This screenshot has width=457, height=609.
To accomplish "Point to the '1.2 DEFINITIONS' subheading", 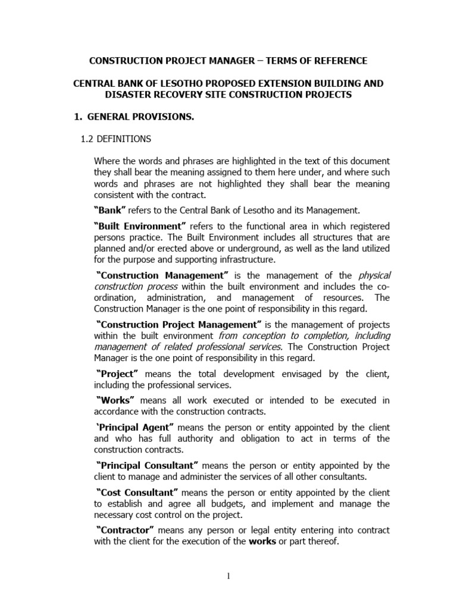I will pyautogui.click(x=115, y=139).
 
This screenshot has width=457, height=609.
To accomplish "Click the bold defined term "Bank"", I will pyautogui.click(x=110, y=210).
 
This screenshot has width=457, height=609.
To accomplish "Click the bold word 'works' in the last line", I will pyautogui.click(x=262, y=542).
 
